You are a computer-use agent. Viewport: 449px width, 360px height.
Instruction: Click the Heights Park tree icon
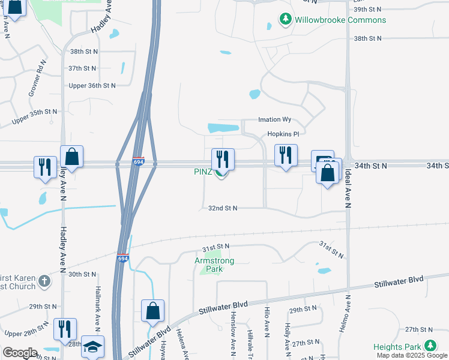pyautogui.click(x=430, y=346)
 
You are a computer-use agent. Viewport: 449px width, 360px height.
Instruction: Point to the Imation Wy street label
pyautogui.click(x=274, y=119)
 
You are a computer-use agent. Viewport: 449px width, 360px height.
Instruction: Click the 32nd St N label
pyautogui.click(x=223, y=208)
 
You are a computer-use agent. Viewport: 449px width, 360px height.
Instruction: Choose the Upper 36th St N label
pyautogui.click(x=92, y=85)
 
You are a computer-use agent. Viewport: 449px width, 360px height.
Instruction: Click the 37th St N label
pyautogui.click(x=82, y=68)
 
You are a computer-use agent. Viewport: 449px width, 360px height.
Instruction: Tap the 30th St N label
pyautogui.click(x=82, y=274)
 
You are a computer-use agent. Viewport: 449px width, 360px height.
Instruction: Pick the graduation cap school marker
pyautogui.click(x=92, y=347)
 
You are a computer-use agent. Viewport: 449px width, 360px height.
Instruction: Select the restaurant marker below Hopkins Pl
pyautogui.click(x=286, y=155)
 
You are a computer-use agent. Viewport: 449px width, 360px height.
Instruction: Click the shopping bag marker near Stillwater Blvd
pyautogui.click(x=152, y=310)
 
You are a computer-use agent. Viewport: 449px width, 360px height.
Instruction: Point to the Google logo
pyautogui.click(x=20, y=353)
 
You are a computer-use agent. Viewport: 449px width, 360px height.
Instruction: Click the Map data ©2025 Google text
pyautogui.click(x=412, y=355)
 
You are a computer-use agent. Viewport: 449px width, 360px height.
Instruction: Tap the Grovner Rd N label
pyautogui.click(x=37, y=79)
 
